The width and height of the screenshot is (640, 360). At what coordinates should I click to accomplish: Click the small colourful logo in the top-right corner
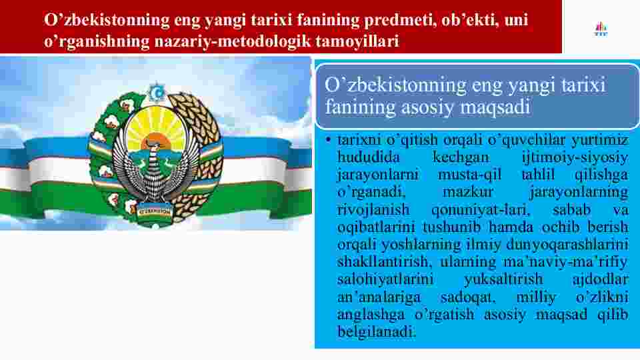pos(601,29)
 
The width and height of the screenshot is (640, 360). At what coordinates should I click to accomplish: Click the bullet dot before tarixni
pos(328,140)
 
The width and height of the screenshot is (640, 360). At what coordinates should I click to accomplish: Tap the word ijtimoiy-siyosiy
pos(575,157)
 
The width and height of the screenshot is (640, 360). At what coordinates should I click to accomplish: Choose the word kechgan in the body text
pos(461,157)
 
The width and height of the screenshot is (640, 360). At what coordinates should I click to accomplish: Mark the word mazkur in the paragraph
pos(468,192)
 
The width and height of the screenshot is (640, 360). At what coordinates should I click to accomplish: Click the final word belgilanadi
pos(375,331)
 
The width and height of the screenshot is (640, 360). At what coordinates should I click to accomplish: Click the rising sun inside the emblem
pos(155,141)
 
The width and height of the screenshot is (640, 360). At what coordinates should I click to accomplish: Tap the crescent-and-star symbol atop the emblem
pos(156,93)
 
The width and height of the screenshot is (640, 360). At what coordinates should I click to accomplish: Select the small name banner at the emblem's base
pos(155,212)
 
